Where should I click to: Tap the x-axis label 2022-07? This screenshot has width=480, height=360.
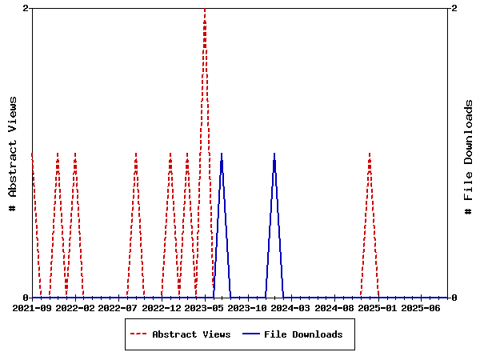click(118, 307)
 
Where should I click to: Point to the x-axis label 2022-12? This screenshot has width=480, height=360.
click(162, 307)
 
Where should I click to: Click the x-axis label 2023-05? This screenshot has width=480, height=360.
click(206, 307)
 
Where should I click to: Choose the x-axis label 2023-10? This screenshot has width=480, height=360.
click(249, 307)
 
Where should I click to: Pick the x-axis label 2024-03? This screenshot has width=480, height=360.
click(292, 307)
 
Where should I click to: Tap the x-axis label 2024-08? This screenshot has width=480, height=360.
click(335, 307)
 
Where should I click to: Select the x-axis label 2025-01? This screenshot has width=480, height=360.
click(378, 307)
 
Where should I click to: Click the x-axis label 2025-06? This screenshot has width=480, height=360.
click(422, 307)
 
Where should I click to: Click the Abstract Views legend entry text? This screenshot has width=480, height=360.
click(191, 334)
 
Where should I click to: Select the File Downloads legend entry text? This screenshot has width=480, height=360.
click(303, 334)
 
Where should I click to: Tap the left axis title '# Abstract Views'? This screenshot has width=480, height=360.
click(13, 153)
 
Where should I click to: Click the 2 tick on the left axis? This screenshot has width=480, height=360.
click(26, 8)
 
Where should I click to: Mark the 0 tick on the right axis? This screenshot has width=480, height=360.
click(454, 298)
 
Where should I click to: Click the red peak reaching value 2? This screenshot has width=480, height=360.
click(205, 10)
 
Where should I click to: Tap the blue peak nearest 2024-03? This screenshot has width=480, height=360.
click(274, 154)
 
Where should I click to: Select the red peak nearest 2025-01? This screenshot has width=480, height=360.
click(370, 154)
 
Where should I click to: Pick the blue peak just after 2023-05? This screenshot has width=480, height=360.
click(222, 154)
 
